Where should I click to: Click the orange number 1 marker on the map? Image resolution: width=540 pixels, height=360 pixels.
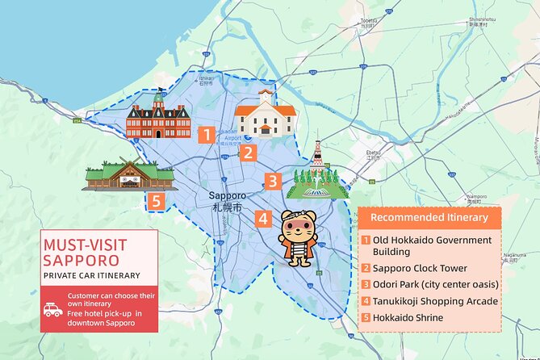(207, 135)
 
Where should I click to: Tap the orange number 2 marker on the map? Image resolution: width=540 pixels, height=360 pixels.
(249, 152)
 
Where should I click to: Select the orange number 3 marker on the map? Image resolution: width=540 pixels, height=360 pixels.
(273, 182)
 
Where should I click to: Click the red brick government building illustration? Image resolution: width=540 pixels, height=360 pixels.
(158, 119)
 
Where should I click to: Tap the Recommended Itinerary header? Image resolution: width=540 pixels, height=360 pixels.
(429, 218)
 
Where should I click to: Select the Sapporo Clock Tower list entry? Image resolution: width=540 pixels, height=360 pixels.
(425, 268)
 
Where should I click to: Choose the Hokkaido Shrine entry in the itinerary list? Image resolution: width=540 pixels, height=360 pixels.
(408, 317)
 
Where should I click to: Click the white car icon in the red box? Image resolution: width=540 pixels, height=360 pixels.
(53, 309)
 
